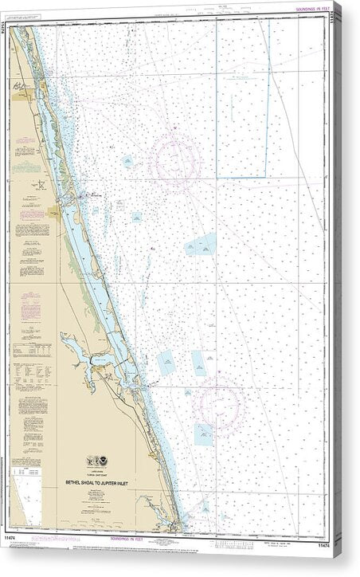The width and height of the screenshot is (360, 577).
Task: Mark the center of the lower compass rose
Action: pos(219,408)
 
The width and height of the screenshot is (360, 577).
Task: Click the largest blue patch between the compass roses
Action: pos(201,244)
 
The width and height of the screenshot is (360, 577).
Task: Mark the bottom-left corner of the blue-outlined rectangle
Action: pos(217,177)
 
